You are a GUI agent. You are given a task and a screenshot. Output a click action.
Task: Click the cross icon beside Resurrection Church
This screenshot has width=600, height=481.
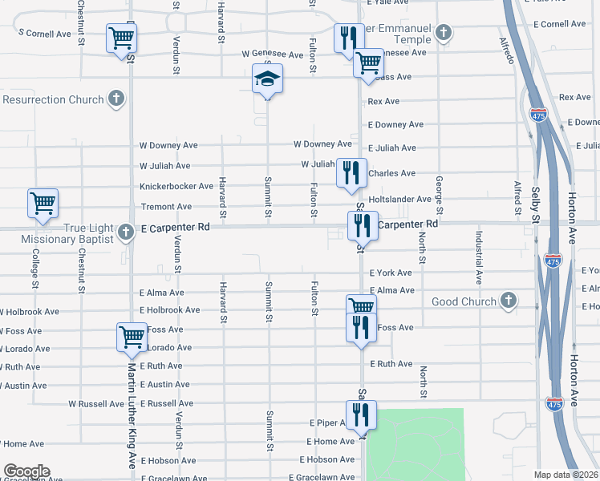click(116, 99)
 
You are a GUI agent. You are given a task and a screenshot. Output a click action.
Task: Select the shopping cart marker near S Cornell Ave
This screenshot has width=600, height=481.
click(121, 38)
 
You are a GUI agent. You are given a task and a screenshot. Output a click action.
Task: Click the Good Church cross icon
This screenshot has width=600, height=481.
click(507, 301)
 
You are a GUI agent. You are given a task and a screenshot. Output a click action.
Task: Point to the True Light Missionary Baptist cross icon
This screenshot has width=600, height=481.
click(125, 232)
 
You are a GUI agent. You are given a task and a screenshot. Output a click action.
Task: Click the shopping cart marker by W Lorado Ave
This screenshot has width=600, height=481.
click(132, 338)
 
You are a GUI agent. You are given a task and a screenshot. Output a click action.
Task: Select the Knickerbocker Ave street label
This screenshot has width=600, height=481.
click(176, 186)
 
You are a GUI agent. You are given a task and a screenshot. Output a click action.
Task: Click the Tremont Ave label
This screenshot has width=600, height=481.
click(166, 207)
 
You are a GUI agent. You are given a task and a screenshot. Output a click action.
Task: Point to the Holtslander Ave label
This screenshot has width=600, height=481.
click(400, 199)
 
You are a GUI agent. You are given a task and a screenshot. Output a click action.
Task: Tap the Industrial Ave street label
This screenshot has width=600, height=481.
click(479, 257)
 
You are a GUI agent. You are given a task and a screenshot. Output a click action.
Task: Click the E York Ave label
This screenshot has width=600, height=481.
click(391, 273)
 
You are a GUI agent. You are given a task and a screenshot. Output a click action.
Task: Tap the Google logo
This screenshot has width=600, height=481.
click(26, 471)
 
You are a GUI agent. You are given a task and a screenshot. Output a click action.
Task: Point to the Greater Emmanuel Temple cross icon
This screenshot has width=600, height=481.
click(444, 34)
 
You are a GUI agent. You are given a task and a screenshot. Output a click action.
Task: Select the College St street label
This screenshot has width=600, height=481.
click(35, 267)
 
